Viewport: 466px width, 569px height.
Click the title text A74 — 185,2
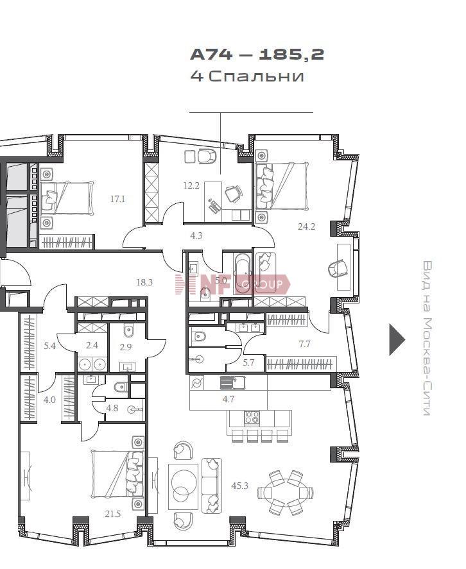[x=257, y=55]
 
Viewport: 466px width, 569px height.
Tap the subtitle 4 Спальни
[x=247, y=76]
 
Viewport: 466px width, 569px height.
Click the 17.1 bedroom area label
[x=117, y=199]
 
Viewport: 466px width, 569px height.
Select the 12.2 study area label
[x=191, y=186]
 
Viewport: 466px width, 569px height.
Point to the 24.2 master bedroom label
[x=306, y=227]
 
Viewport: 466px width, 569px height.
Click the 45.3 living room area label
[x=239, y=485]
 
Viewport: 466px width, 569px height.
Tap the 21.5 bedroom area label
[x=112, y=514]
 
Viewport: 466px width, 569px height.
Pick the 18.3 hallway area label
[x=144, y=282]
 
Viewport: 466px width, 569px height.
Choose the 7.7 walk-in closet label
[x=304, y=343]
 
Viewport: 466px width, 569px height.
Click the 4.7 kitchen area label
[x=229, y=399]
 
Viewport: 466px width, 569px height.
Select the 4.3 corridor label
[x=196, y=236]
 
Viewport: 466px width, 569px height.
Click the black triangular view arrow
[x=396, y=339]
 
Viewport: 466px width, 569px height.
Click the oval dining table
[x=286, y=493]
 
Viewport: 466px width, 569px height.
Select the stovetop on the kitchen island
[x=252, y=418]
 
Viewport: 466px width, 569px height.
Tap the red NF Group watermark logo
[x=232, y=284]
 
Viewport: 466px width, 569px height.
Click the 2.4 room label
[x=92, y=345]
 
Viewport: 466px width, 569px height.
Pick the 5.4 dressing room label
[x=50, y=346]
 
